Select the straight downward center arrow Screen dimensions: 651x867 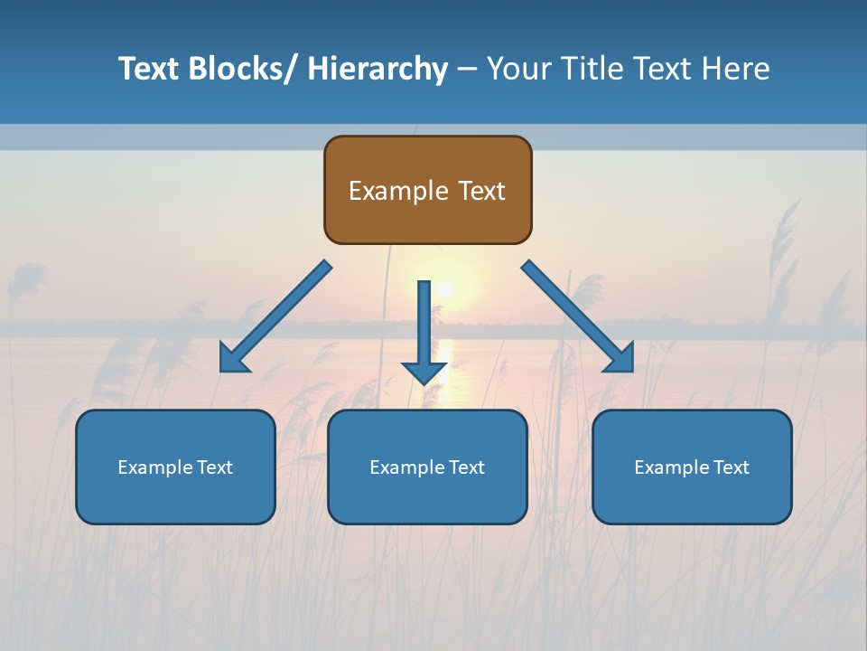424,330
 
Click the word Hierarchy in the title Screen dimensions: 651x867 378,69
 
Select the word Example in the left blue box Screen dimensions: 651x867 155,467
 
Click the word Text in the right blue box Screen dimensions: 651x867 729,467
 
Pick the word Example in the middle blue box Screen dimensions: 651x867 407,467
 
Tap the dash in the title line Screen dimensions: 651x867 467,70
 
